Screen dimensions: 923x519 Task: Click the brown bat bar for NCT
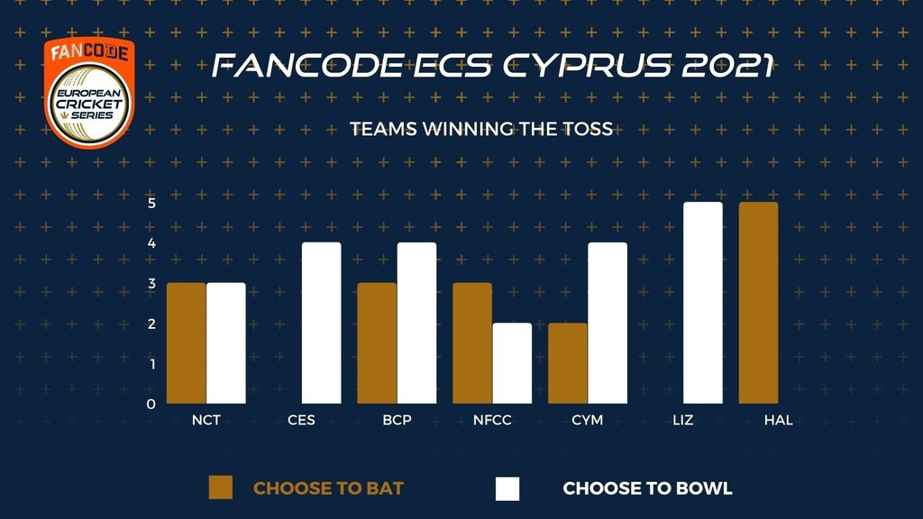pos(186,343)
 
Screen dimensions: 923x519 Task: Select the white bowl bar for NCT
pos(226,343)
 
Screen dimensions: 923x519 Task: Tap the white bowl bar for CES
pos(322,323)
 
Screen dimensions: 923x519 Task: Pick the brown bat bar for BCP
pos(377,343)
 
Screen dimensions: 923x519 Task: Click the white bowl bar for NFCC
pos(512,363)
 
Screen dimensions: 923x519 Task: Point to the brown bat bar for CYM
pos(568,363)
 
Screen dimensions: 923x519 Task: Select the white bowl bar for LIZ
pos(703,303)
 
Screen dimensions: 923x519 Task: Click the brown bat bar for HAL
pos(758,303)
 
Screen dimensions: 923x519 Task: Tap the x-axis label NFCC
pos(492,420)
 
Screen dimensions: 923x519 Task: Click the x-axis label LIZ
pos(683,420)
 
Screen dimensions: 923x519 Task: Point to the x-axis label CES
pos(301,420)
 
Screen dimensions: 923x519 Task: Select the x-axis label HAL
pos(778,420)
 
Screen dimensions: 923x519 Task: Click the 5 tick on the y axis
pos(151,203)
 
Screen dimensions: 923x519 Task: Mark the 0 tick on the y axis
pos(151,405)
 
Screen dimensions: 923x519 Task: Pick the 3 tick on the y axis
pos(151,284)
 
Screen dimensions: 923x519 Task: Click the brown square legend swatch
pos(221,487)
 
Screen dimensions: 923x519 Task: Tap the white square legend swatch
pos(507,488)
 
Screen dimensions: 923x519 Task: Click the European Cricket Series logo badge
pos(89,93)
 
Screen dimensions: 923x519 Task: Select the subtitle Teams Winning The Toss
pos(481,129)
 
